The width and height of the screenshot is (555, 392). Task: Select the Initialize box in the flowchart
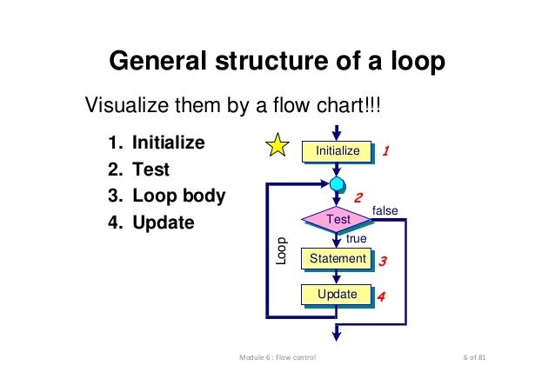[x=337, y=151]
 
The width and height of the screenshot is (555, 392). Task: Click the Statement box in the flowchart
[x=337, y=259]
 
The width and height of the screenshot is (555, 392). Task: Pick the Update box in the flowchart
[x=337, y=295]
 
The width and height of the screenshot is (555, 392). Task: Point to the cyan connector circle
[x=337, y=183]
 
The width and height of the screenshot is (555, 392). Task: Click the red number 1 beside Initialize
[x=385, y=151]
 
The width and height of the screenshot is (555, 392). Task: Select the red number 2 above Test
[x=357, y=198]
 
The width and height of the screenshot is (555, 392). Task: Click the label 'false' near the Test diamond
[x=384, y=211]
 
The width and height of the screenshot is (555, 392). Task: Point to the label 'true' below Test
[x=357, y=238]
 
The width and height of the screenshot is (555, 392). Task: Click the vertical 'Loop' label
[x=281, y=250]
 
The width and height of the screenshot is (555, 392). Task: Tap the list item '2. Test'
[x=139, y=169]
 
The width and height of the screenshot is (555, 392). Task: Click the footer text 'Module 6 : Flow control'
[x=277, y=359]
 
